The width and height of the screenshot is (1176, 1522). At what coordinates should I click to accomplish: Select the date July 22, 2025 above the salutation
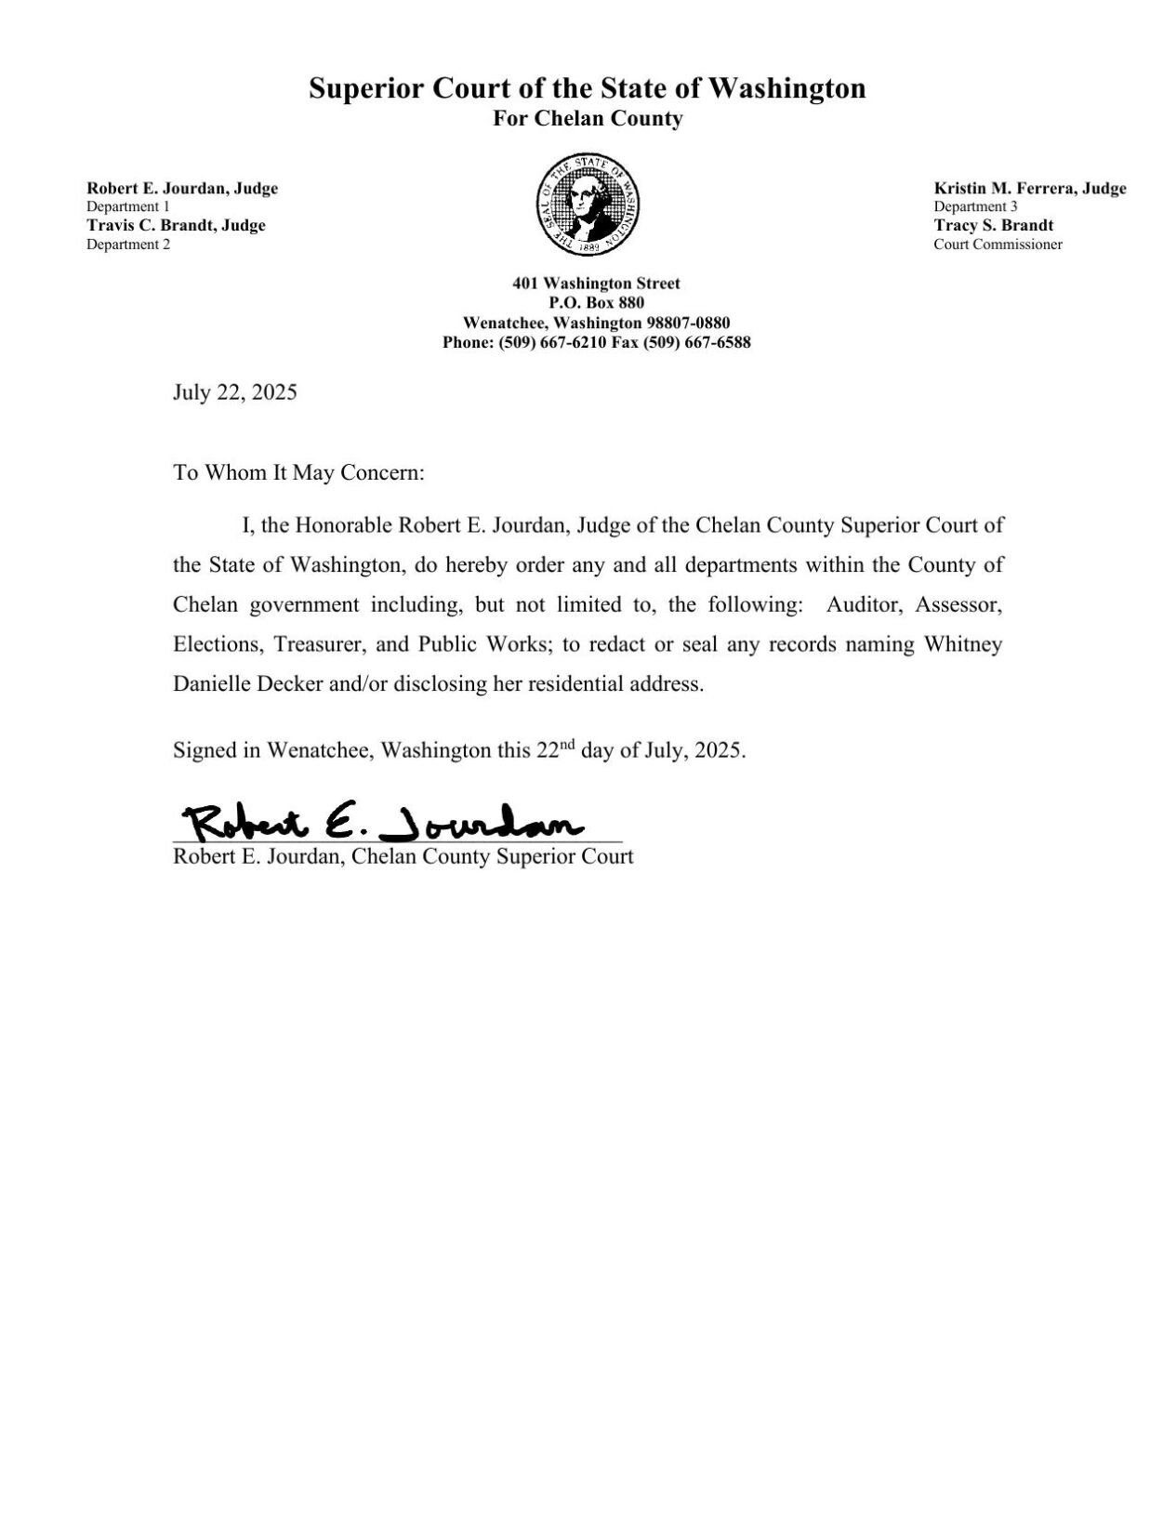click(234, 392)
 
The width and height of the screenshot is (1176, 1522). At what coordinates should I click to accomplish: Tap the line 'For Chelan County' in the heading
click(588, 119)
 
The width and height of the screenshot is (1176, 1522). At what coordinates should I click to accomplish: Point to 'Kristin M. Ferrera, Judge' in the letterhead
click(1029, 189)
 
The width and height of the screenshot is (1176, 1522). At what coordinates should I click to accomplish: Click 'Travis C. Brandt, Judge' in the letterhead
click(176, 226)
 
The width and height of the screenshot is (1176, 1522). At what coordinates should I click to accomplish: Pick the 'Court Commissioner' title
click(998, 245)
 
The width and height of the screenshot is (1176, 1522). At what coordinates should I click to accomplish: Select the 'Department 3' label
click(975, 207)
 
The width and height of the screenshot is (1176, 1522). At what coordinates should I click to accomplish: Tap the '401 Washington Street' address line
click(596, 284)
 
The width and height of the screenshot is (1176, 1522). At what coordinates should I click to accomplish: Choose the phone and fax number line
click(596, 342)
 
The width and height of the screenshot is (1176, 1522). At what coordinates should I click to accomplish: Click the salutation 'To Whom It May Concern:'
click(298, 472)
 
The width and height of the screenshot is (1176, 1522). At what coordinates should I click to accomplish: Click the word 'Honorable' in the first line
click(344, 525)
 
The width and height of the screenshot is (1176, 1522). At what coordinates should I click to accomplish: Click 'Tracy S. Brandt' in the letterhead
click(993, 226)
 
